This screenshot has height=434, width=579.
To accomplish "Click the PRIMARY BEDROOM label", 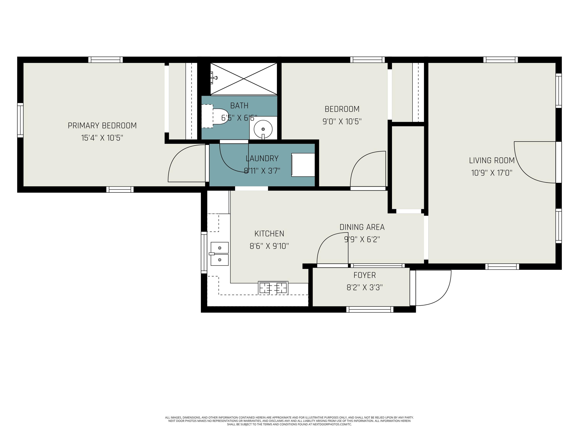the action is click(x=102, y=126).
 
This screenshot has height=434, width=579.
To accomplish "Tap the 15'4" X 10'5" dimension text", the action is click(x=102, y=138).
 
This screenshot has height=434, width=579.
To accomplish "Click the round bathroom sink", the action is click(x=263, y=129).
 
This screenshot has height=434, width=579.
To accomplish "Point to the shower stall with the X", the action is click(x=244, y=79).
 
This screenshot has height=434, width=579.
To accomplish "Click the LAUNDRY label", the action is click(x=262, y=158).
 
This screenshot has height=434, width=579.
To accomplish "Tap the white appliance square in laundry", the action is click(x=303, y=165).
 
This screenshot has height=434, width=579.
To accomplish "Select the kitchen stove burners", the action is click(x=273, y=288).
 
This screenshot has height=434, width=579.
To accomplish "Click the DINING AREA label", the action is click(x=362, y=227).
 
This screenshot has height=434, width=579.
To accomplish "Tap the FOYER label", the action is click(x=365, y=275).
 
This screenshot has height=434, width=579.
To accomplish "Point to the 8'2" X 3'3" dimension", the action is click(x=365, y=288).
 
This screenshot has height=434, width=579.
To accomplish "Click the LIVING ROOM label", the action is click(x=492, y=160).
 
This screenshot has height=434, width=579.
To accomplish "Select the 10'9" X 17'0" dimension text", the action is click(x=492, y=173).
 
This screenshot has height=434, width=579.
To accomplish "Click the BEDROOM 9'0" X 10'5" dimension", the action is click(x=342, y=121).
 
